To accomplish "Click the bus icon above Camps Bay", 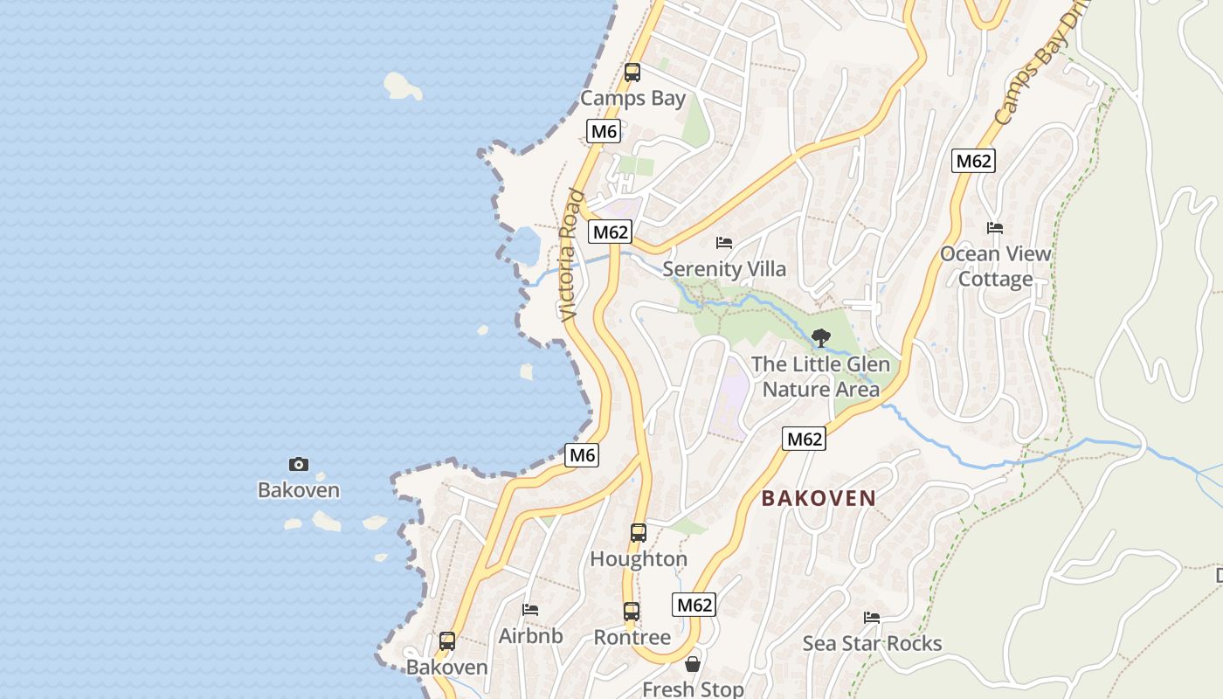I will pos(632,73).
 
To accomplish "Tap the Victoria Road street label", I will pos(570,254).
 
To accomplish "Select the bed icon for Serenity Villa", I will pos(723,242).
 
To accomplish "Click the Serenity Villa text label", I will pos(723,268).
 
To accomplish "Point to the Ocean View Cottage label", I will pos(995,266).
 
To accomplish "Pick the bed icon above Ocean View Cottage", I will pos(994,228).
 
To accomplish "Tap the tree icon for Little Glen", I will pos(820,337).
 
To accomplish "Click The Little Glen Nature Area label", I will pos(820,377).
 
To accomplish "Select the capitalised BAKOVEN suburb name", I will pos(819,498).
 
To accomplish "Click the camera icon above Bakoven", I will pos(299,464).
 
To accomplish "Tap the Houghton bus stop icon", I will pos(639,532).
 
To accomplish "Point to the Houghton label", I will pos(639,558).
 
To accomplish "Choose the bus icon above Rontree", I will pos(632,612).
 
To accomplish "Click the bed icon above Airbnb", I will pos(530,610).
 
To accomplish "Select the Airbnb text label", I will pos(530,636).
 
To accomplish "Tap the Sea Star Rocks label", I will pos(872,644).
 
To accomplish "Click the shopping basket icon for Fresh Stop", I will pos(693,664).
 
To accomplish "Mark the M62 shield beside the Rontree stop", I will pos(694,605).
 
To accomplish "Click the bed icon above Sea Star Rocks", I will pos(872,618).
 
